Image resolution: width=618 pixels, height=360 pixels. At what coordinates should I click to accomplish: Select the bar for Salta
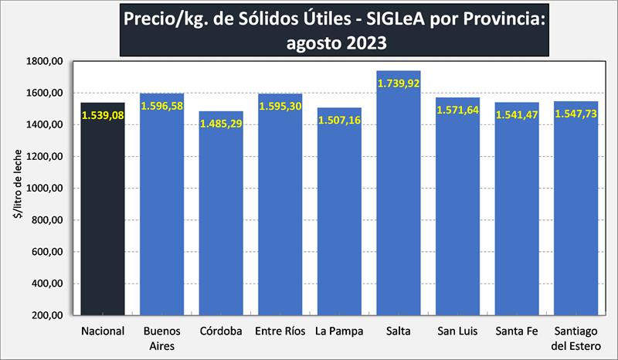[399, 209]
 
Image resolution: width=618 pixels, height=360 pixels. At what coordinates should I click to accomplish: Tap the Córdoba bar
[221, 224]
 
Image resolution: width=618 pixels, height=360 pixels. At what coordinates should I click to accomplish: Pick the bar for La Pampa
[339, 224]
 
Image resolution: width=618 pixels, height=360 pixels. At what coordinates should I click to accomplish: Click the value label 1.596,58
[162, 105]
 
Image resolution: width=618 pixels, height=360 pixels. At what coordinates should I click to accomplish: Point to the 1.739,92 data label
[399, 82]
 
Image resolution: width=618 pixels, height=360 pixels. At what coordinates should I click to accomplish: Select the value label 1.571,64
[458, 110]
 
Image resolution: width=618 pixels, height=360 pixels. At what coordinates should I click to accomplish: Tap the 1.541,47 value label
[517, 114]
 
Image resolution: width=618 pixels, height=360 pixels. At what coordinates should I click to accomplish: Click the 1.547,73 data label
[576, 114]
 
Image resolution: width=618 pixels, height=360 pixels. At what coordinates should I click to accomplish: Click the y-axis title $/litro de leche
[17, 188]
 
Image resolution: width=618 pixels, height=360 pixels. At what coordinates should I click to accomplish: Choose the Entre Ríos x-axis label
[280, 332]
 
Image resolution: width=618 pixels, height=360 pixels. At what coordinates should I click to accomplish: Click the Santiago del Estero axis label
[576, 338]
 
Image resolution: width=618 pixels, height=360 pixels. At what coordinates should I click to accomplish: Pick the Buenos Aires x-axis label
[162, 338]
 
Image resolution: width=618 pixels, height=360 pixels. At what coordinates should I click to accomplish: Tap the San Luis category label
[458, 332]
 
